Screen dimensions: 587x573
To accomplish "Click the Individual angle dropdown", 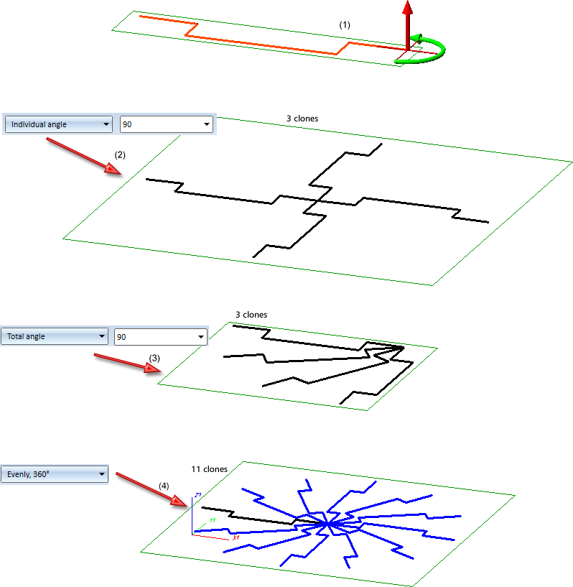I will [59, 124].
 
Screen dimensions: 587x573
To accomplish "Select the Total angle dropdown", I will [57, 336].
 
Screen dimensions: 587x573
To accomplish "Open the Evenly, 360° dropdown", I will [57, 474].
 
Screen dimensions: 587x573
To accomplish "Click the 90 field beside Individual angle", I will [166, 124].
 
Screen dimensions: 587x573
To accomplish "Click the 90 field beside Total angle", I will [160, 336].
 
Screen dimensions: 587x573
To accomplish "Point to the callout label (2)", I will [120, 154].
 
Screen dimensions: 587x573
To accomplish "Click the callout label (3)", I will [154, 357].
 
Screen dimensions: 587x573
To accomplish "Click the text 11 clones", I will [209, 469].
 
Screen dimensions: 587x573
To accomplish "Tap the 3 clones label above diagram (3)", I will [251, 315].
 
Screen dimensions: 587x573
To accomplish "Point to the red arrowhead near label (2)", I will [113, 170].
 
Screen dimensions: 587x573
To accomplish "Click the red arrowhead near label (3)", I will [152, 368].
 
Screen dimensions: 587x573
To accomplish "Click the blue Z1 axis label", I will [196, 496].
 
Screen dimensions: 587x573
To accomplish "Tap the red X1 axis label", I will [235, 537].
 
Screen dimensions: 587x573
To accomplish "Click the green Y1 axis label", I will [213, 519].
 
